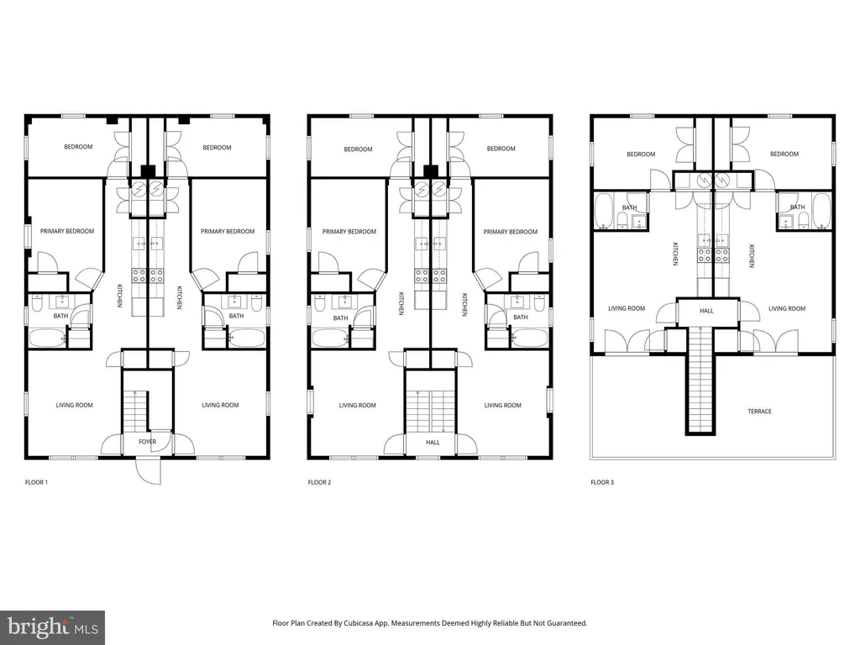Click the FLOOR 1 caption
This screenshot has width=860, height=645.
point(36,483)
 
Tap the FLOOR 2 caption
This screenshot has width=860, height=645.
point(319,483)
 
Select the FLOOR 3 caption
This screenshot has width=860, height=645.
point(602,483)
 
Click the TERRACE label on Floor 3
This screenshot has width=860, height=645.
point(759,412)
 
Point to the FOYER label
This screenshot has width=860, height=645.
point(147,442)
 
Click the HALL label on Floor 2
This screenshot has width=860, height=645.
point(433,442)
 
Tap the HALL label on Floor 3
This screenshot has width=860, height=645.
point(706,311)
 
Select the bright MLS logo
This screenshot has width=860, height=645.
point(53,627)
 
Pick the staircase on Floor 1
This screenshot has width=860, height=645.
point(134,412)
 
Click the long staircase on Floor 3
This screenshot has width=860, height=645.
point(701,380)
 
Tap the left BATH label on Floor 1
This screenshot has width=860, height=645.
point(60,316)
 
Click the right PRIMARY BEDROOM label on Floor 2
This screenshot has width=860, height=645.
point(510,232)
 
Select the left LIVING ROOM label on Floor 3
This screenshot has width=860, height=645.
point(627,309)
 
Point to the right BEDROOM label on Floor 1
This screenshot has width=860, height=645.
point(217,148)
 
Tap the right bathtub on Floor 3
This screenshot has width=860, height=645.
point(821,211)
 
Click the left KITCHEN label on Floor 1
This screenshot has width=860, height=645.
point(119,296)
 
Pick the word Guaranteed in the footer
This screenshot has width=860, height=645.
point(569,623)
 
